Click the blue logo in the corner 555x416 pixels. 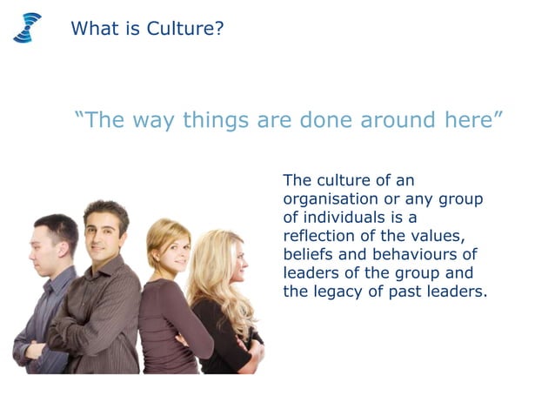coord(27,28)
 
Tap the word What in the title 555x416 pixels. coord(93,29)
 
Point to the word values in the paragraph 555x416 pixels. coord(445,236)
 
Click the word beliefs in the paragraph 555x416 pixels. coord(308,254)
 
